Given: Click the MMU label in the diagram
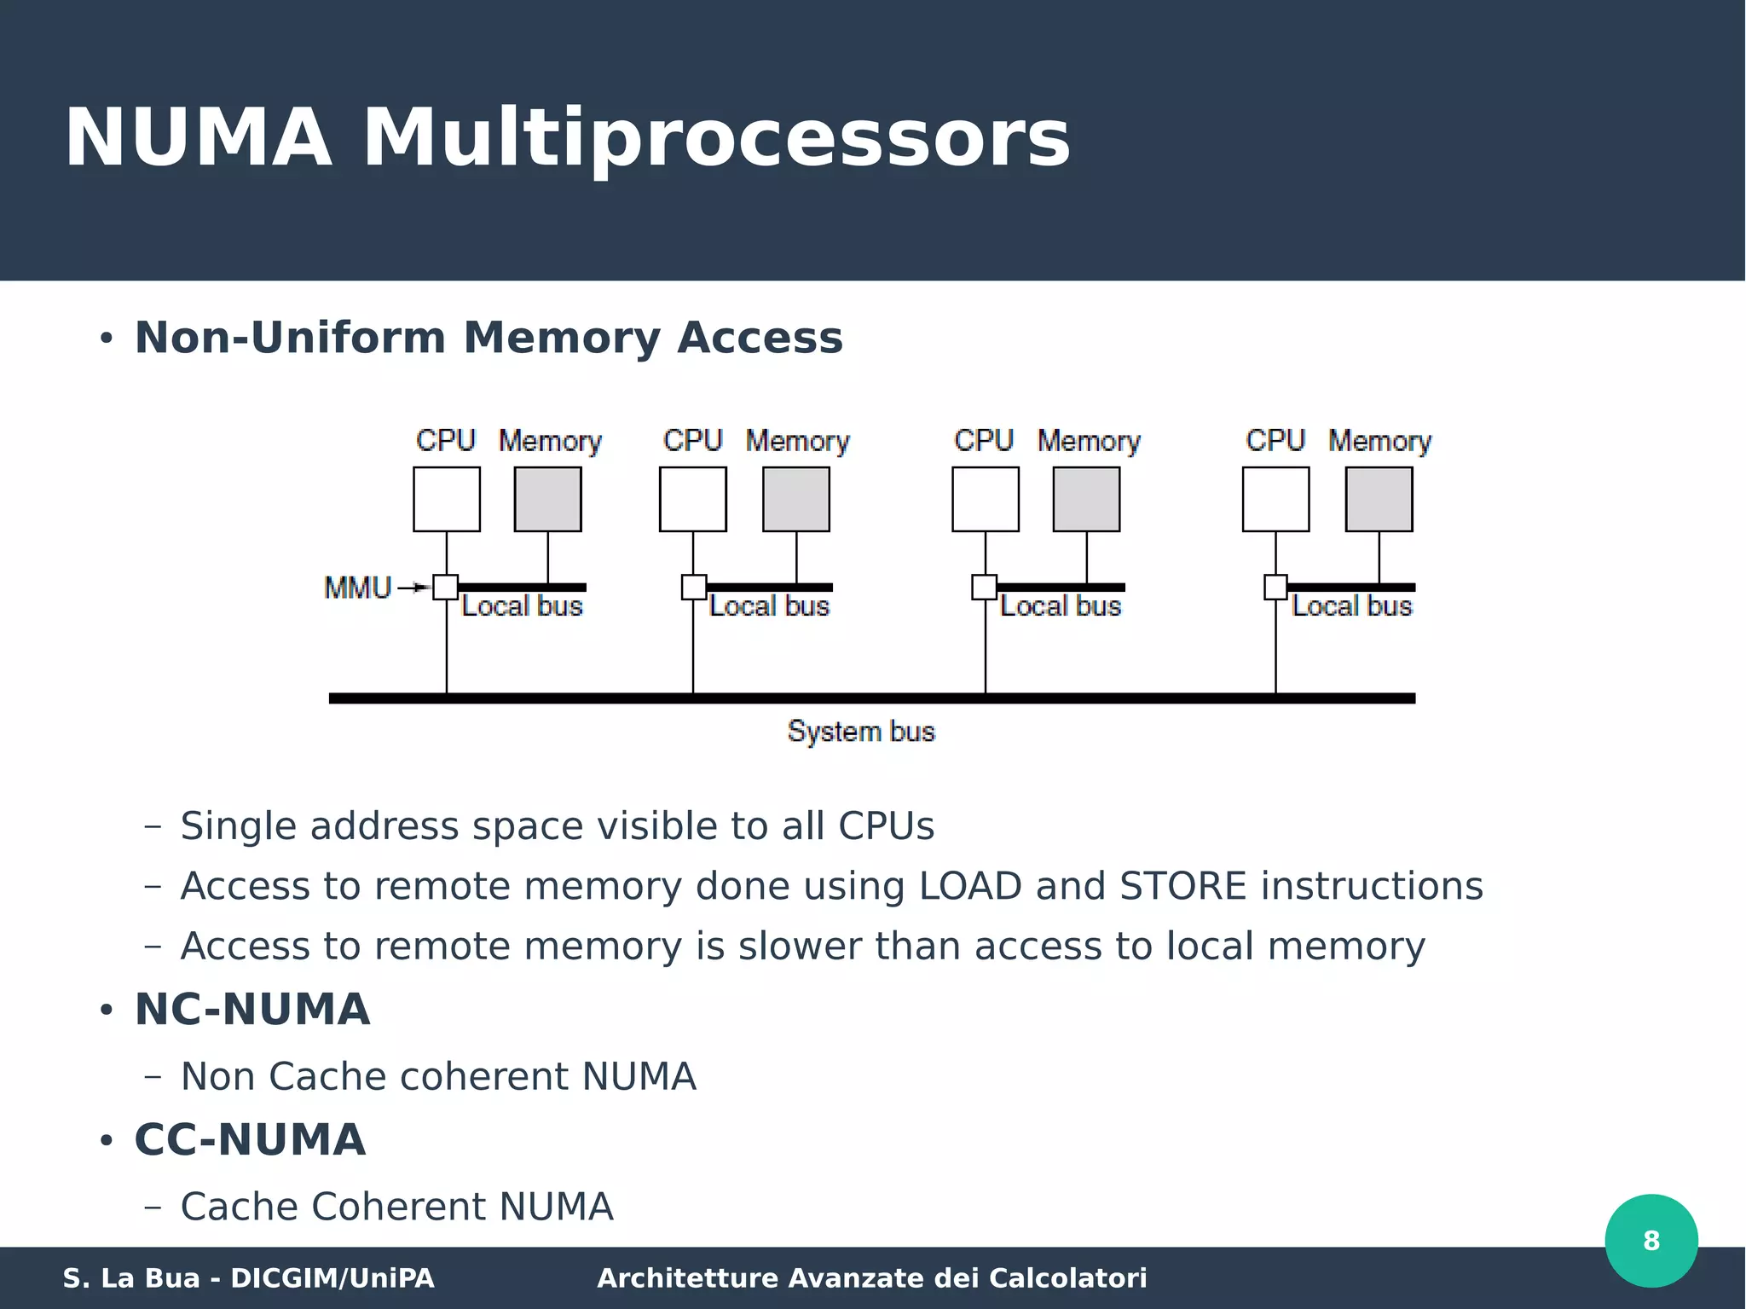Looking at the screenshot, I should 357,588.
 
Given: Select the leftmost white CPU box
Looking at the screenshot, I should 446,499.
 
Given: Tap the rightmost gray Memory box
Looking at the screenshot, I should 1379,499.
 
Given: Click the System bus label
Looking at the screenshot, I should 861,732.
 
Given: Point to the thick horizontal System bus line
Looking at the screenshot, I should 871,698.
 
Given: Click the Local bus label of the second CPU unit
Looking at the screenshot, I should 769,606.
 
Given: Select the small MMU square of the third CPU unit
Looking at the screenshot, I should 985,587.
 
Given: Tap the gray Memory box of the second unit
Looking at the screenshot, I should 795,499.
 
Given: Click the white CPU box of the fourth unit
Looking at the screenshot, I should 1275,499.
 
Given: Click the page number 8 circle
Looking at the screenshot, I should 1651,1240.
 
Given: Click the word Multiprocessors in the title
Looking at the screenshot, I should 716,138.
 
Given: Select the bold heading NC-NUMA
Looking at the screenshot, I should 252,1010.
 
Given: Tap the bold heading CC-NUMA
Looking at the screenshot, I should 250,1140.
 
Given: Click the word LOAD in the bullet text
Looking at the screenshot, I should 969,886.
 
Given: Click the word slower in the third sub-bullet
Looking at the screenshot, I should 799,947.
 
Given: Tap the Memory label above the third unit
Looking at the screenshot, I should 1089,441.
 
